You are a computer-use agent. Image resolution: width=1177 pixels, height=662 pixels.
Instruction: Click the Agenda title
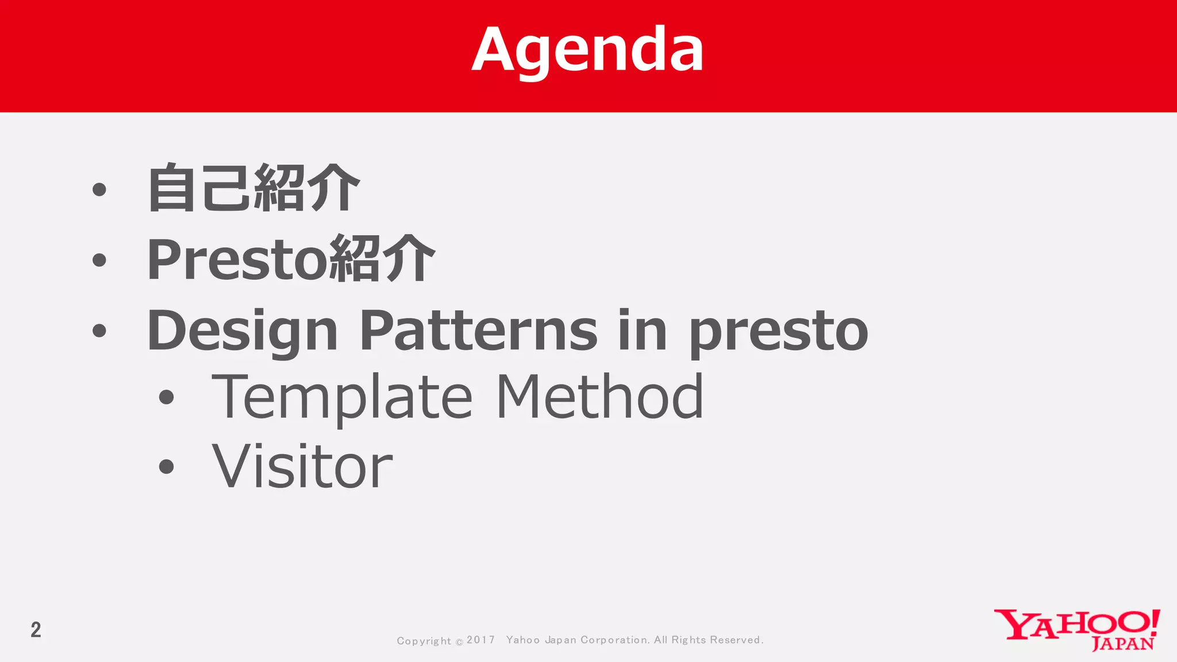point(587,51)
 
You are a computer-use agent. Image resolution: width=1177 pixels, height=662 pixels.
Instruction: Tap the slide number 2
point(36,630)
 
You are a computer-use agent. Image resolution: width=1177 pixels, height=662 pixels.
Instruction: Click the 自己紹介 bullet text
point(253,188)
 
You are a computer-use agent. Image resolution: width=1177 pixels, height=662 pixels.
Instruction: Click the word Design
point(242,330)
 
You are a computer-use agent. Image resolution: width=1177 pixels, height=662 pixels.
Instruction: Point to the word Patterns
point(479,330)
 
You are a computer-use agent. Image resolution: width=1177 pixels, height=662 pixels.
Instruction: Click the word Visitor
point(302,466)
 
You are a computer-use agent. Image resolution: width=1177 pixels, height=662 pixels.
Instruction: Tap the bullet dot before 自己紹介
point(99,189)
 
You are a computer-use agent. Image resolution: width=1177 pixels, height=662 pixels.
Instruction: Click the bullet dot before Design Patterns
point(99,330)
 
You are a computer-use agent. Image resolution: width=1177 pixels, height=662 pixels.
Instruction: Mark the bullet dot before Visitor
point(166,466)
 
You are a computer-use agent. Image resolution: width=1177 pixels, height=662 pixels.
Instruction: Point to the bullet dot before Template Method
point(166,397)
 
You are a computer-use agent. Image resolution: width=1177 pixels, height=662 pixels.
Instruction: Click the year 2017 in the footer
point(480,640)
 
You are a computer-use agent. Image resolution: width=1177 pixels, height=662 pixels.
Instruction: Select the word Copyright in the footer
point(424,641)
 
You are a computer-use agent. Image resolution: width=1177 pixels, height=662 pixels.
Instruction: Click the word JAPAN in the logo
point(1122,644)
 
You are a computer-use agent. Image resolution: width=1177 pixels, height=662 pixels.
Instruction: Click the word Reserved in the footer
point(736,640)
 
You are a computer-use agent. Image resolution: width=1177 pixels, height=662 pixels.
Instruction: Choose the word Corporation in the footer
point(614,640)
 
